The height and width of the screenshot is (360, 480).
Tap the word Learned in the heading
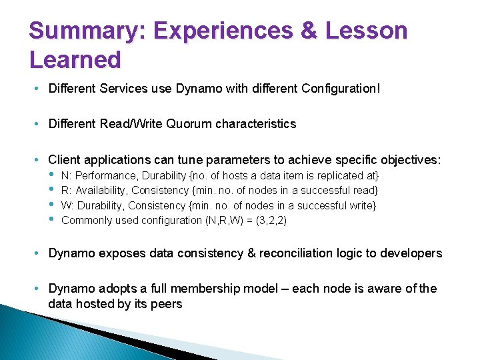pyautogui.click(x=75, y=60)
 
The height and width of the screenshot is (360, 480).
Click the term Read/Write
pyautogui.click(x=126, y=124)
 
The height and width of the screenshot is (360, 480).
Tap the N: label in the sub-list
pyautogui.click(x=67, y=176)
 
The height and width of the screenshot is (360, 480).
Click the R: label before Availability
pyautogui.click(x=67, y=191)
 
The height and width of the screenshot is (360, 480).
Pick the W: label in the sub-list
pyautogui.click(x=67, y=205)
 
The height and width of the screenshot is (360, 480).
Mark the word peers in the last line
pyautogui.click(x=167, y=304)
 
